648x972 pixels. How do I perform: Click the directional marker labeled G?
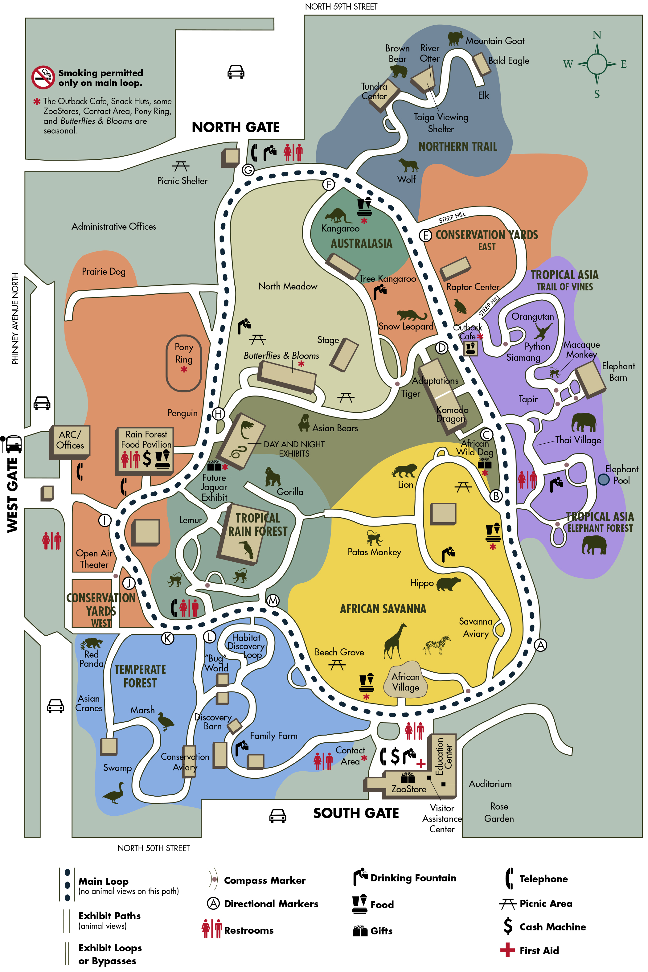tap(248, 170)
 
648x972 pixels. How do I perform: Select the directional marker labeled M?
tap(273, 601)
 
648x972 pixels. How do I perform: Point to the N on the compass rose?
tap(597, 35)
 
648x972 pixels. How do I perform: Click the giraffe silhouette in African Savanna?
tap(394, 641)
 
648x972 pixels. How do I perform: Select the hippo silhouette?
tap(448, 584)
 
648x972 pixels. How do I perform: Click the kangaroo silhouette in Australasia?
tap(338, 215)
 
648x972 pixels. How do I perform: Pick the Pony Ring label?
tap(184, 353)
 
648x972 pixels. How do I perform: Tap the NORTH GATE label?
tap(236, 127)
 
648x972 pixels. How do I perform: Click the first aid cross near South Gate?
tap(421, 764)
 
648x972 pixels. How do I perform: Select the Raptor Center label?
tap(473, 287)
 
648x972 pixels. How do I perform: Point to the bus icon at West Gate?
tap(12, 444)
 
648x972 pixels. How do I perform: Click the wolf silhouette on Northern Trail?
tap(408, 165)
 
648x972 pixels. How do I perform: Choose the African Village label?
tap(405, 682)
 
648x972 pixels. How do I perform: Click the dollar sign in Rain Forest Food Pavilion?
tap(147, 459)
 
